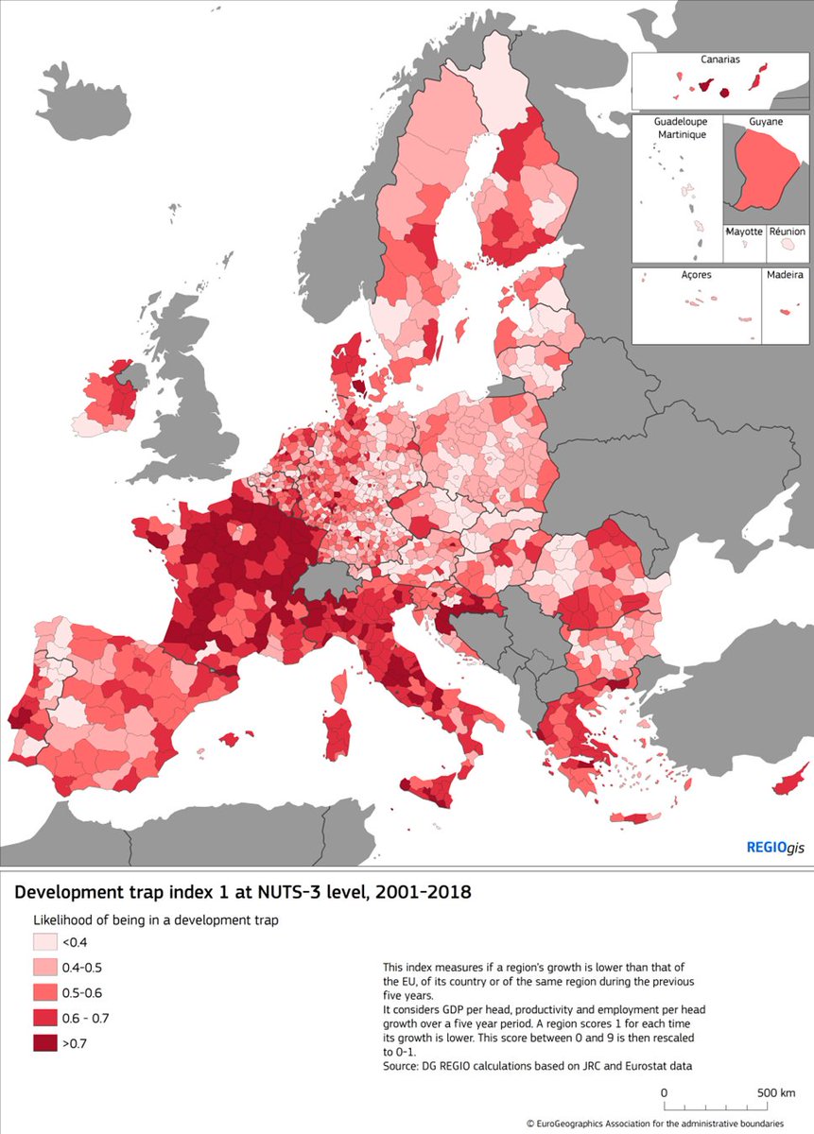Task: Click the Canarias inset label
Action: tap(719, 60)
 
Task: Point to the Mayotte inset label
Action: tap(744, 232)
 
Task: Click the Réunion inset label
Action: tap(787, 232)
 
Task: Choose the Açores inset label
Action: tap(695, 275)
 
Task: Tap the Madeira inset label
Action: tap(784, 275)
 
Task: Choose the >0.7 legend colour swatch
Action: tap(45, 1042)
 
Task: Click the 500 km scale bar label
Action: tap(775, 1092)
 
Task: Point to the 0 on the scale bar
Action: tap(665, 1092)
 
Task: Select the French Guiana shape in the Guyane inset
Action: tap(763, 170)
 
